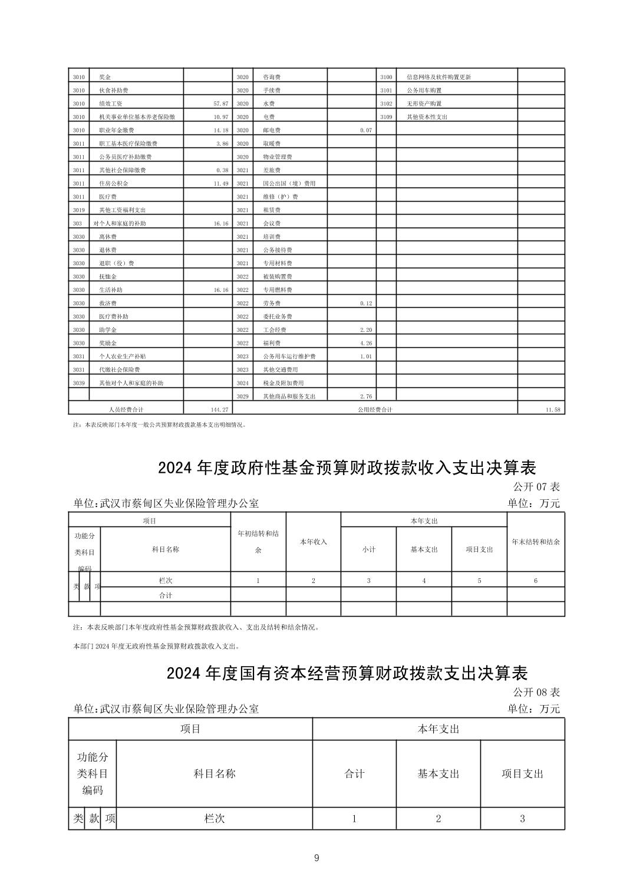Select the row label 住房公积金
113,183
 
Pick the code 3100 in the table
386,77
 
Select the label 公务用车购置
424,91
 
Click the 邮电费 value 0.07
365,130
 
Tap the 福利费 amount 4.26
365,343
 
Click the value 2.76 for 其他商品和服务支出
365,396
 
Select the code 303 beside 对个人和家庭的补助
77,223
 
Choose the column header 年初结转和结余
258,542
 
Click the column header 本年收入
313,542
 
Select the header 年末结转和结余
535,542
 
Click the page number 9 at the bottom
316,858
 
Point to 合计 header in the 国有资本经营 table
354,773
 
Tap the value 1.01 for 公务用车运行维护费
365,357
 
